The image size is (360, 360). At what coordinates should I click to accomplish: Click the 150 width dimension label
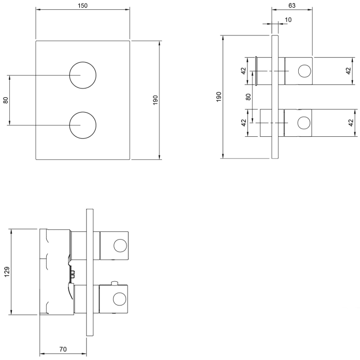(x=83, y=6)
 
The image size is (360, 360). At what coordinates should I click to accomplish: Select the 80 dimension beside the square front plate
(x=6, y=100)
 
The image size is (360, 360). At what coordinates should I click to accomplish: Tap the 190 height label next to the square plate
(x=155, y=100)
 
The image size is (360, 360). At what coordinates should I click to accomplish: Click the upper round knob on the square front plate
(x=82, y=75)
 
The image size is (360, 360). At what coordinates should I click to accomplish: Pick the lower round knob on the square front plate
(x=82, y=125)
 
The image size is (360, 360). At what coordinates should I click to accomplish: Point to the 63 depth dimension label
(x=291, y=6)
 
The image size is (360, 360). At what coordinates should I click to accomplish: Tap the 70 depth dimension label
(x=63, y=350)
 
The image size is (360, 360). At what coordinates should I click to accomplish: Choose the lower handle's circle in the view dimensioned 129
(x=120, y=299)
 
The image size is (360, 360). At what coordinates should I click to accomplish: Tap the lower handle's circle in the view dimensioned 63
(x=304, y=123)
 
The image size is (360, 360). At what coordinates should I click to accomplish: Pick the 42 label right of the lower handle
(x=350, y=123)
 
